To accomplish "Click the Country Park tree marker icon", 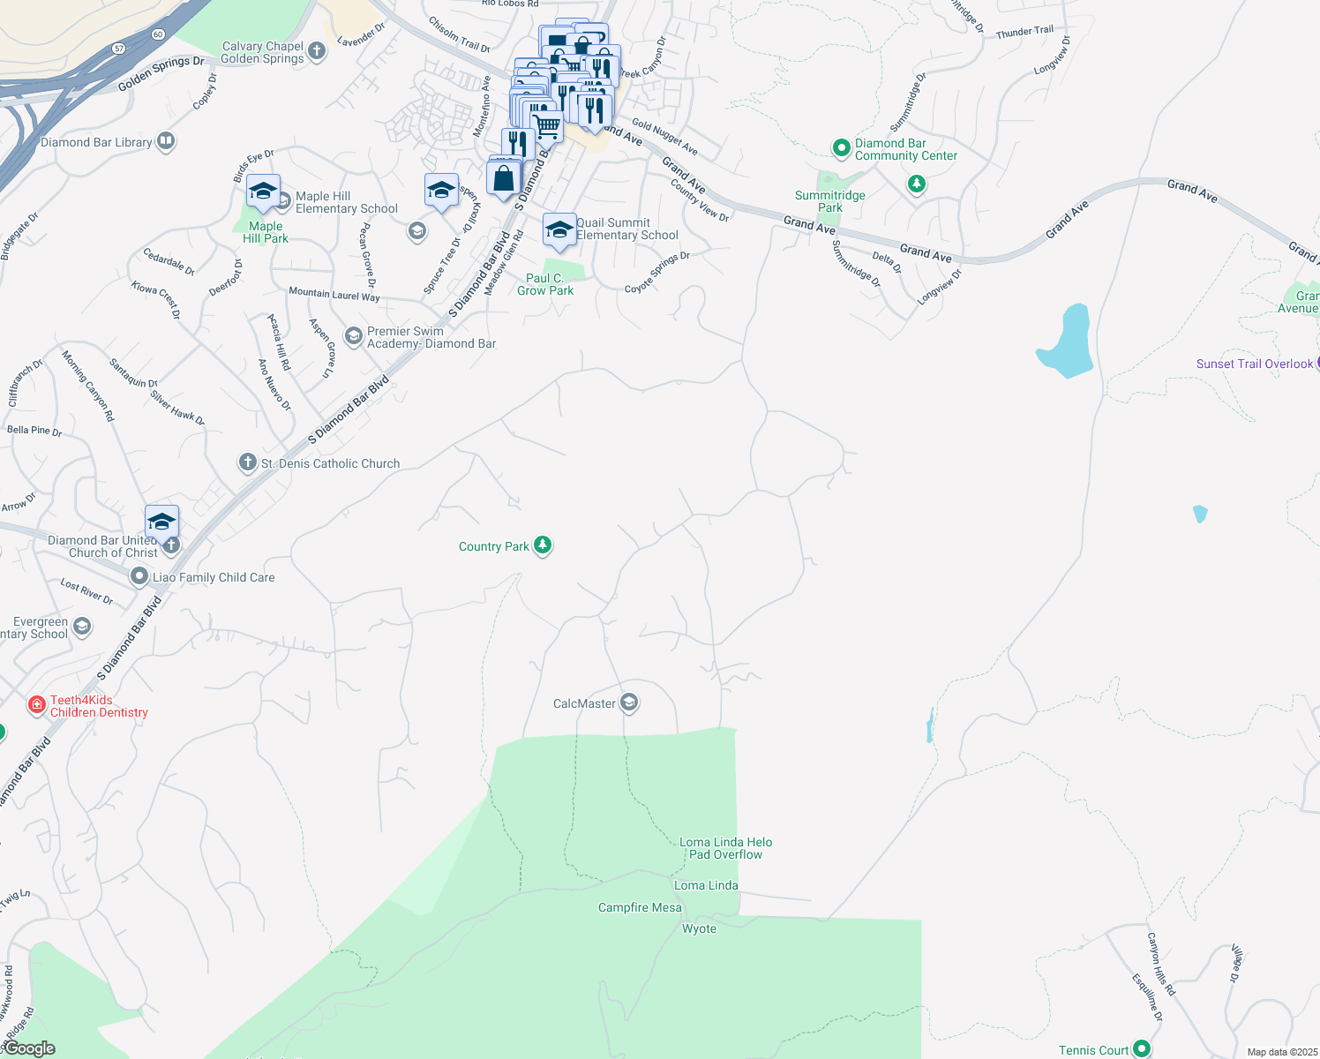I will coord(543,545).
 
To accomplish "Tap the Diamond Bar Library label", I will coord(96,142).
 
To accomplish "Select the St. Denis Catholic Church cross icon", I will coord(247,462).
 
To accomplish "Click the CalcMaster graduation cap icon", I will coord(629,702).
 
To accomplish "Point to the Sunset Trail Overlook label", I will coord(1254,364).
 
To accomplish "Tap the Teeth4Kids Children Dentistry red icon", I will coord(37,704).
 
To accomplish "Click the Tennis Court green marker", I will coord(1142,1048).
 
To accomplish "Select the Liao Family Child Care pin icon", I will coord(139,576).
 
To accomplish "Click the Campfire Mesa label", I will coord(640,907).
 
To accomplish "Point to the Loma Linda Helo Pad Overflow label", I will coord(725,848).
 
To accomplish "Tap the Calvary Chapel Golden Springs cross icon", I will coord(317,51).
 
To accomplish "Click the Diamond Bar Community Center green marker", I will coord(841,147).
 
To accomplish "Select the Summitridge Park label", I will coord(829,201).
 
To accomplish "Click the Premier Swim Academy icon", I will coord(353,336).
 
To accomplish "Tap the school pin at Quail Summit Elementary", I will coord(559,230).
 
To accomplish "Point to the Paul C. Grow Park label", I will coord(545,284).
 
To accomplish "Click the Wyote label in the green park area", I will coord(699,928).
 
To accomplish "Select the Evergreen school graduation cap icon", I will coord(82,627).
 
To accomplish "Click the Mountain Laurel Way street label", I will coord(334,295).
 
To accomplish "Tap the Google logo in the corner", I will coord(29,1048).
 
